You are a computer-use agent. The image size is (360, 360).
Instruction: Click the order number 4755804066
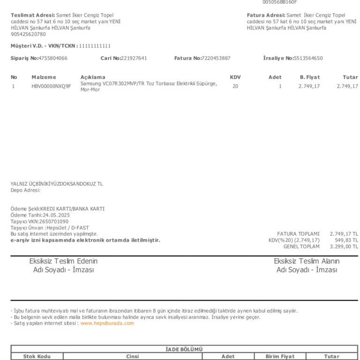point(52,58)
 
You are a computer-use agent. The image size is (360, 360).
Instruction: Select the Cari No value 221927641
point(134,58)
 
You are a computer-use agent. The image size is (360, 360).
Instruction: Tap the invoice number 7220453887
point(216,58)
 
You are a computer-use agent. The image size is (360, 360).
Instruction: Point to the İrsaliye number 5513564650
point(308,58)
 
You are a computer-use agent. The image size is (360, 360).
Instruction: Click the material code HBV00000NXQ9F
point(51,86)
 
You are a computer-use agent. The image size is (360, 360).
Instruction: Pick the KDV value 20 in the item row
point(235,86)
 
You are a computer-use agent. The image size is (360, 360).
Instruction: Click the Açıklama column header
point(93,77)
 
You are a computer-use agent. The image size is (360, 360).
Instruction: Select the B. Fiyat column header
point(309,77)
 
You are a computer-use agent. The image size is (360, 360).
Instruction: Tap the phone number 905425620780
point(28,34)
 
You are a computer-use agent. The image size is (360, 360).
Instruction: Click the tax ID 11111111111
point(95,46)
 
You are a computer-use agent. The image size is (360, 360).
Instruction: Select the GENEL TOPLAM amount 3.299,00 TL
point(344,246)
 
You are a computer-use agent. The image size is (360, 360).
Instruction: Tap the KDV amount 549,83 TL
point(346,240)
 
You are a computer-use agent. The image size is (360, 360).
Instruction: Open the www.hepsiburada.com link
point(107,323)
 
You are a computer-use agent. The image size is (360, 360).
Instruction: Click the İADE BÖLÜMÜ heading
point(184,349)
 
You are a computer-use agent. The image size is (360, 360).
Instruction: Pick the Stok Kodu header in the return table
point(37,357)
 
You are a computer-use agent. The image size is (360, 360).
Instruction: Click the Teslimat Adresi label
point(32,15)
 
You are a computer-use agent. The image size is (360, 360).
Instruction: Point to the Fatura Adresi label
point(266,15)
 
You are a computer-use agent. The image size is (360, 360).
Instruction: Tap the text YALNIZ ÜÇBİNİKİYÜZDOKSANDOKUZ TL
point(57,184)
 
